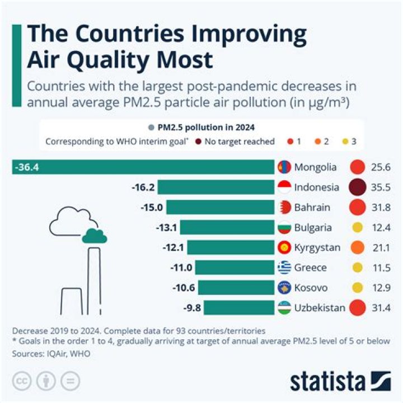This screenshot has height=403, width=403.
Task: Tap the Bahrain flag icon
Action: [284, 207]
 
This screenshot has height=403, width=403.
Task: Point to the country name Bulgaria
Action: [313, 227]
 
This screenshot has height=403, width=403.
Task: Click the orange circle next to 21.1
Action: [357, 247]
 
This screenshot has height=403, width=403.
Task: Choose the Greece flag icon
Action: [284, 268]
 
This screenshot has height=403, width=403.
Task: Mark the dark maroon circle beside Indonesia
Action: [357, 187]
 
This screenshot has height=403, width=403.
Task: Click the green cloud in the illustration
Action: [94, 236]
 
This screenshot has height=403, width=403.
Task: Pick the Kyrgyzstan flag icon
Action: [284, 247]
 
